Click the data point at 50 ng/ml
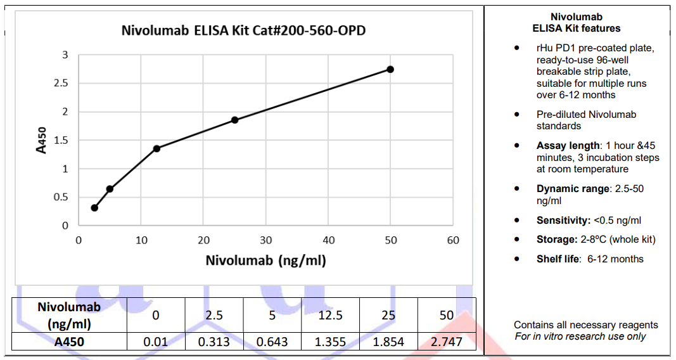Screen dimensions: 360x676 coord(390,69)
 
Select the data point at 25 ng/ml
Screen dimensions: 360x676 coord(234,120)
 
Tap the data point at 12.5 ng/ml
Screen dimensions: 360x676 coord(156,148)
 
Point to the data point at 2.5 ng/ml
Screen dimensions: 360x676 coord(94,208)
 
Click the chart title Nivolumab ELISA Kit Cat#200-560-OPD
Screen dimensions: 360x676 coord(243,30)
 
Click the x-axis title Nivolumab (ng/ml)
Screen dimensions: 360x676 coord(265,260)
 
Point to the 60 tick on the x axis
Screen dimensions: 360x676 coord(453,240)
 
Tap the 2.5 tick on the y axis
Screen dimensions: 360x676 coord(61,84)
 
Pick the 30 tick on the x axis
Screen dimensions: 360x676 coord(265,240)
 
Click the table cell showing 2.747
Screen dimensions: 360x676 coord(446,342)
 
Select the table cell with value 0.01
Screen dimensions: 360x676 coord(155,342)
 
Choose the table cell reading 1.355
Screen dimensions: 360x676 coord(330,342)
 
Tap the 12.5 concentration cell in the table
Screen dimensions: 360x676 coord(330,315)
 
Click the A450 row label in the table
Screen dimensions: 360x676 coord(69,342)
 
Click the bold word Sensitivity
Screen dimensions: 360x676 coord(563,221)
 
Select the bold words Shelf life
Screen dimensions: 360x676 coord(558,259)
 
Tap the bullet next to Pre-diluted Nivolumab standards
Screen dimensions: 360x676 coord(518,115)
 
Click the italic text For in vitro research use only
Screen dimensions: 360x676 coord(580,336)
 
